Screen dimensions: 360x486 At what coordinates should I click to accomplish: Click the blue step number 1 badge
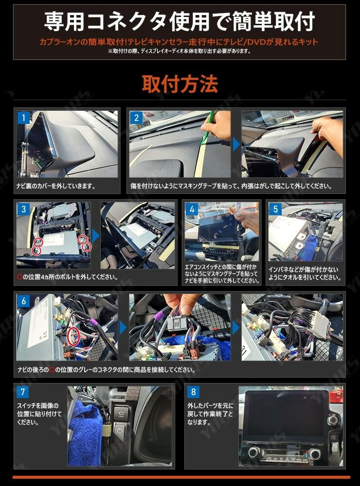(x=23, y=118)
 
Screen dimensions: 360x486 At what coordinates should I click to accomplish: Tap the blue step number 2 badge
(x=136, y=118)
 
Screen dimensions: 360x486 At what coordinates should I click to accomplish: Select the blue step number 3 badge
(x=23, y=209)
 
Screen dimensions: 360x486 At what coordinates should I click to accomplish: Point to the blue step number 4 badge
(x=192, y=209)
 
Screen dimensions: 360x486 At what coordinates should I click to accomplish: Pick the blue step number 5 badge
(x=275, y=209)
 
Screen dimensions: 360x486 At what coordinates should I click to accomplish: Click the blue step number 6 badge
(x=23, y=301)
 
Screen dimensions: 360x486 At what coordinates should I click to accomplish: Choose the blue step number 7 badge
(x=22, y=392)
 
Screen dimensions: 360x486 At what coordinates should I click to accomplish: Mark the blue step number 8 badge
(x=193, y=392)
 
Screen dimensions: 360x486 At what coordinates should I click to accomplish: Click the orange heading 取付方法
(x=180, y=84)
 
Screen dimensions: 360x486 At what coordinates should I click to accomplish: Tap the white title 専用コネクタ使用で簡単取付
(x=180, y=21)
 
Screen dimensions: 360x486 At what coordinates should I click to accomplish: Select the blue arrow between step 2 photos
(x=236, y=144)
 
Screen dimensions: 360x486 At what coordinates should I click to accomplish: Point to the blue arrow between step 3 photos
(x=95, y=236)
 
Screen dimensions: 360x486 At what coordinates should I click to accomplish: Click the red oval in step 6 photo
(x=73, y=337)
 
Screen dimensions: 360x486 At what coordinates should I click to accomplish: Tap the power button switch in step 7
(x=120, y=431)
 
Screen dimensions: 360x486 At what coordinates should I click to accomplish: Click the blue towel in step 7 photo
(x=83, y=434)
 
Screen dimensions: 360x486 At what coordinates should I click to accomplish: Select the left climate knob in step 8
(x=254, y=452)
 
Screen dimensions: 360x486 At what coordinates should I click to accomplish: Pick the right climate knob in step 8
(x=314, y=454)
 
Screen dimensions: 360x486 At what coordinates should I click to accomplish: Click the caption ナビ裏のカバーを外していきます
(x=56, y=186)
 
